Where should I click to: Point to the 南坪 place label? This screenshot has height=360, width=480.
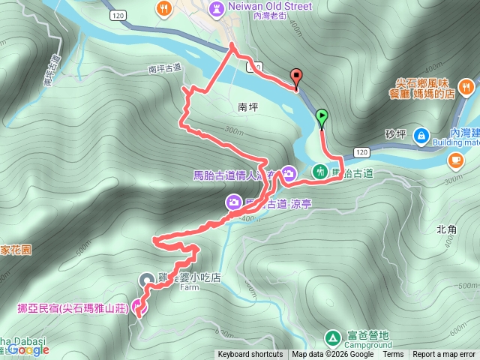(x=247, y=107)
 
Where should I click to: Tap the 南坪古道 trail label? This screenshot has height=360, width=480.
(x=166, y=69)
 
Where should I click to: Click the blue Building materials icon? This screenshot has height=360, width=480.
(x=421, y=136)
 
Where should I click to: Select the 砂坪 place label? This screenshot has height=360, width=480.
(x=395, y=135)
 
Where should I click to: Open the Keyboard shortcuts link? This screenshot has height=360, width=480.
(x=250, y=355)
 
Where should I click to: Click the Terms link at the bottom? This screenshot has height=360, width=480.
(x=393, y=355)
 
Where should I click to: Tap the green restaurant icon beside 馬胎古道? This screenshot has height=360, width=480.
(x=320, y=172)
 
